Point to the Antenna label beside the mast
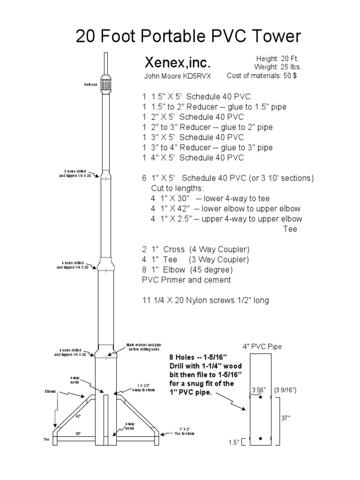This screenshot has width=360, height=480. point(91,85)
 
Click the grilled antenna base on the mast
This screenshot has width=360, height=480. point(106,83)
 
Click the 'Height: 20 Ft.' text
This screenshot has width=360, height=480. point(273,59)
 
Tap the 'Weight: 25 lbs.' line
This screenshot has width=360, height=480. point(272,67)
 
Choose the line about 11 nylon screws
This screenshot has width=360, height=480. point(205,300)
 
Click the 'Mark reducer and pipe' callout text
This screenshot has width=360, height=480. point(143,347)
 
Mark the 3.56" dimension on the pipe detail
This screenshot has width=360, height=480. point(258,390)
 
